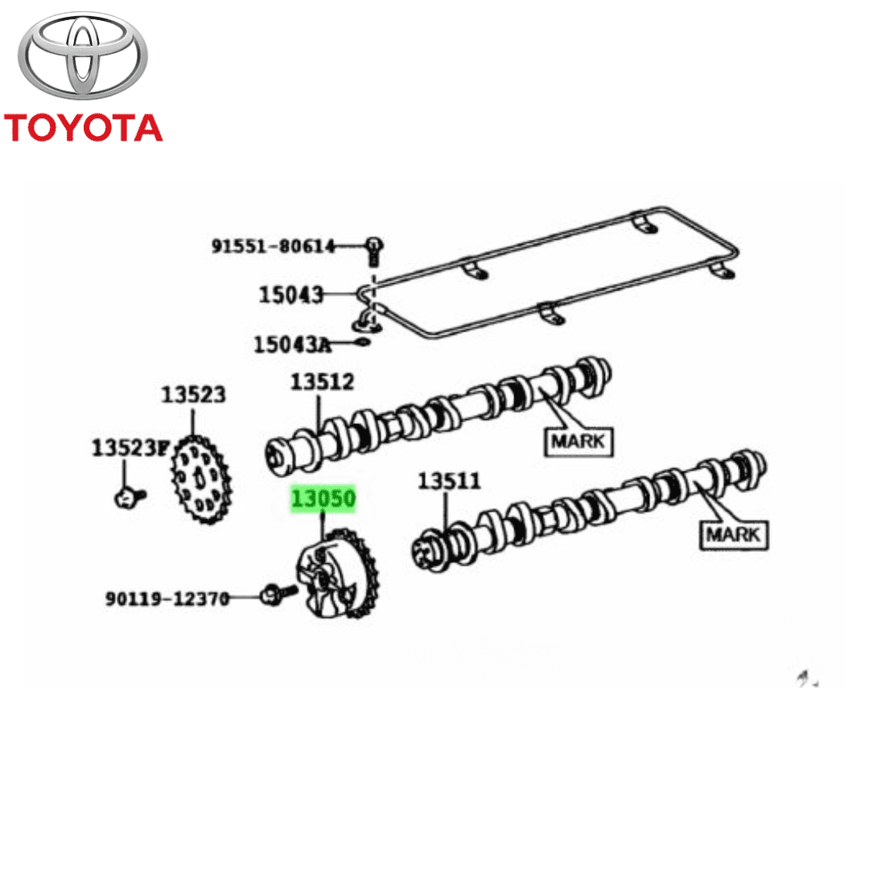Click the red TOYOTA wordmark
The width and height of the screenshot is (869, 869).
[x=83, y=128]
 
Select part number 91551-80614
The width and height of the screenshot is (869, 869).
[x=274, y=246]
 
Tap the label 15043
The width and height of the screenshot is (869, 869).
[x=291, y=294]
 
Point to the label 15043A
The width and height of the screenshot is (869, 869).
[x=292, y=344]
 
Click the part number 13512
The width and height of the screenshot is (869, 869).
[x=322, y=381]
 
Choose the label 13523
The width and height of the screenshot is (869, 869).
[x=193, y=394]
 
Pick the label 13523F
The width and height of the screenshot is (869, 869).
[x=130, y=447]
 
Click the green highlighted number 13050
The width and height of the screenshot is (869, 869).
[x=323, y=498]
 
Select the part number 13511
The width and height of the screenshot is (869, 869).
[x=449, y=480]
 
